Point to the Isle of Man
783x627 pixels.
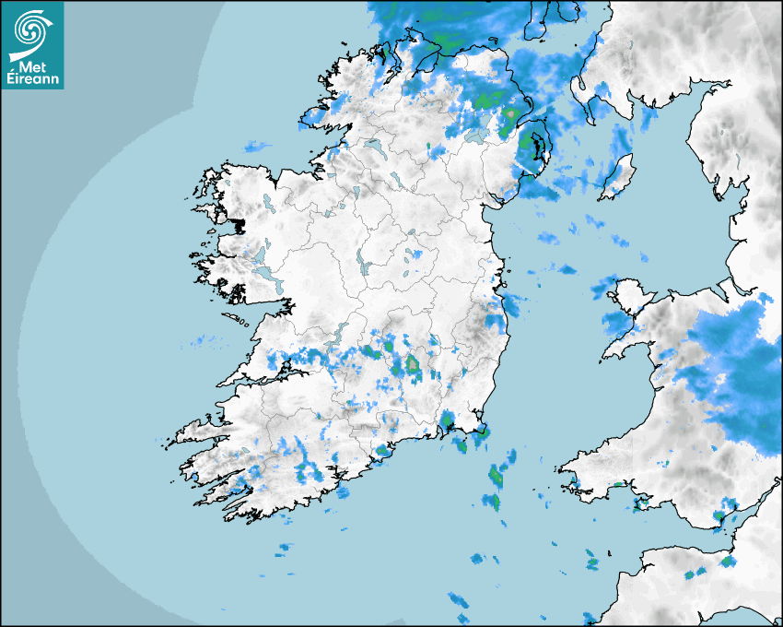click(x=618, y=177)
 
